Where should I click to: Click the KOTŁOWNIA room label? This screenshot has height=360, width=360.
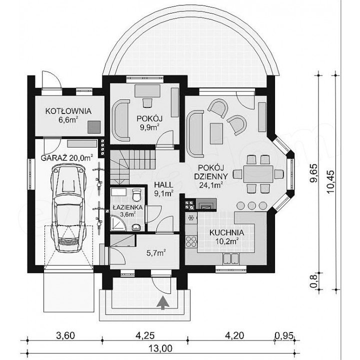click(x=68, y=111)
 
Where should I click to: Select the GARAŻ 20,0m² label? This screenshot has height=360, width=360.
click(x=67, y=158)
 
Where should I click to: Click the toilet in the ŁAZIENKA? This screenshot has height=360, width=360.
click(x=137, y=194)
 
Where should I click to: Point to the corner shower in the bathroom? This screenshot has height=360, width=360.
click(x=118, y=222)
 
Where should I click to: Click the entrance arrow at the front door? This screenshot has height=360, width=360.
click(x=163, y=303)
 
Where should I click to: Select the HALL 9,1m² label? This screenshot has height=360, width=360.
click(x=163, y=189)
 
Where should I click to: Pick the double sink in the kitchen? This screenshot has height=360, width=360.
click(x=231, y=258)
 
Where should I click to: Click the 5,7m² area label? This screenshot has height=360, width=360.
click(x=156, y=253)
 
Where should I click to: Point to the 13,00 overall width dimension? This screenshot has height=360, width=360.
click(x=160, y=348)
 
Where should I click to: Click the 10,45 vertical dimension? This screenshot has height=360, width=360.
click(x=330, y=182)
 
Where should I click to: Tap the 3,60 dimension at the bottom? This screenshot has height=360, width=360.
click(x=65, y=335)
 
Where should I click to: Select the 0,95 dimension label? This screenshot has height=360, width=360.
click(x=284, y=336)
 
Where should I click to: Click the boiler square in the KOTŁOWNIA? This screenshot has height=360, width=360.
click(x=94, y=126)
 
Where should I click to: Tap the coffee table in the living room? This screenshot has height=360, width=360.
click(x=216, y=133)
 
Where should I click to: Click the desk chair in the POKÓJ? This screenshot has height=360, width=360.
click(x=147, y=102)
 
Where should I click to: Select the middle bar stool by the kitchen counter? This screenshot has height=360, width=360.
click(x=252, y=205)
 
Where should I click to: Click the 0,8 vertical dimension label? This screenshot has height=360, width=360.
click(x=313, y=282)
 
